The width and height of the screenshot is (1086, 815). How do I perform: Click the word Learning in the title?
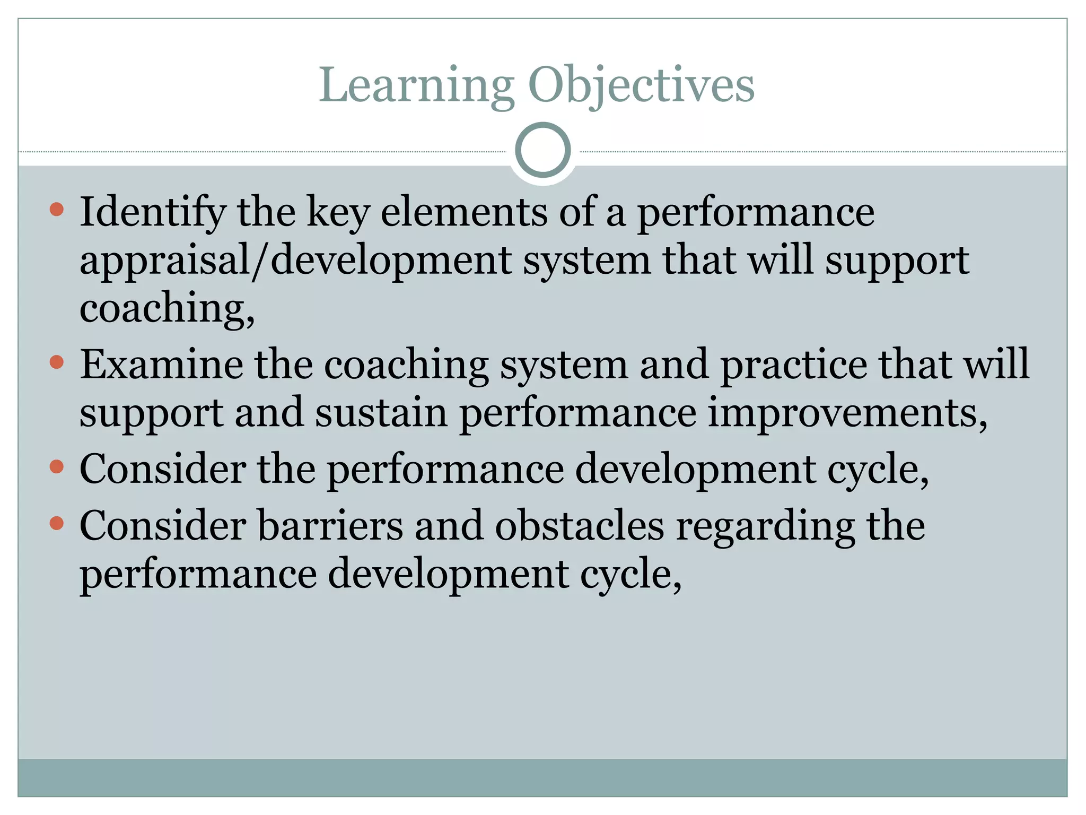point(417,85)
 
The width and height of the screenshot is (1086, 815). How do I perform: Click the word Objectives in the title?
point(641,85)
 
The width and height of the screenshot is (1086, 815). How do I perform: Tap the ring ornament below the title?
point(542,150)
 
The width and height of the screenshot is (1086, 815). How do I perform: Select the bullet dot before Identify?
point(56,209)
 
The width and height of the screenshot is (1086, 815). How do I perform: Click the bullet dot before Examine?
point(56,362)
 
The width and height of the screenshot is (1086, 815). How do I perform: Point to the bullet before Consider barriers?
point(56,524)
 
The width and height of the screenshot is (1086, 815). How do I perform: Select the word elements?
point(464,212)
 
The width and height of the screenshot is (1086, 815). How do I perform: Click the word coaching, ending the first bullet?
point(167,308)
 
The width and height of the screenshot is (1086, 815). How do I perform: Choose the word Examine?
point(161,365)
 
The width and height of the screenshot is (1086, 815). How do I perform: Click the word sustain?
point(381,413)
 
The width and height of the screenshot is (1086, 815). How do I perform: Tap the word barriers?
point(330,526)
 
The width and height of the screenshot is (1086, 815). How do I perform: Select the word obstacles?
point(580,526)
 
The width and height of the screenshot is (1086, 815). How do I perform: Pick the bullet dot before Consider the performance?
point(56,467)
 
